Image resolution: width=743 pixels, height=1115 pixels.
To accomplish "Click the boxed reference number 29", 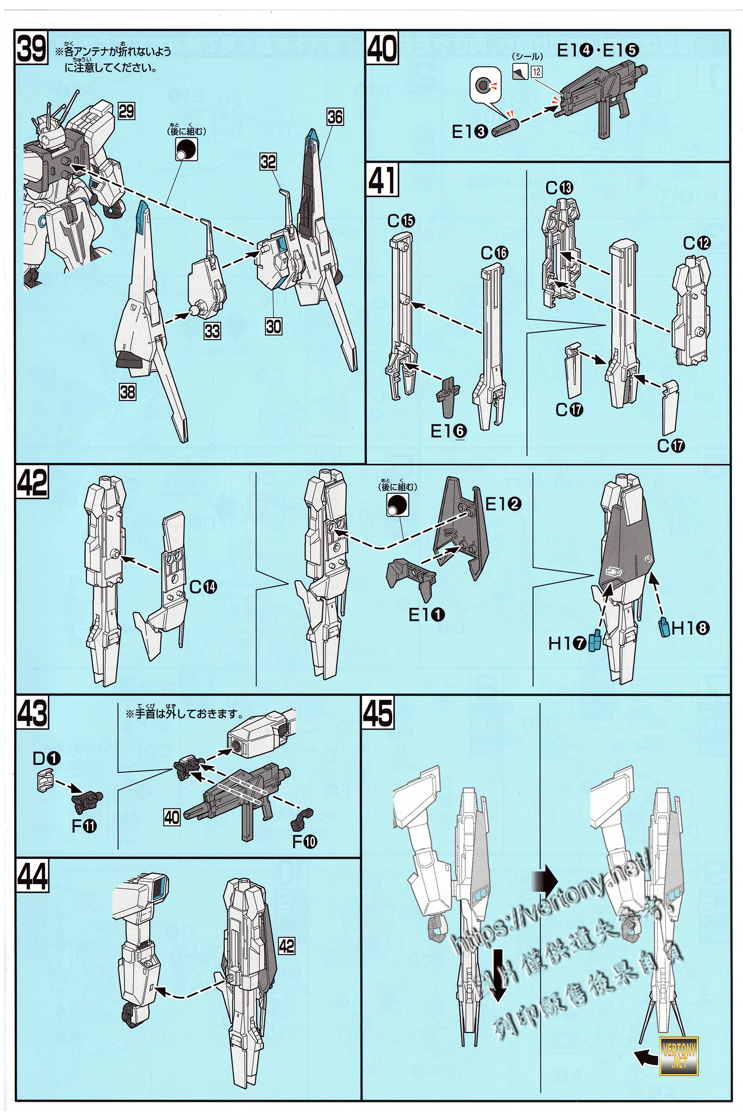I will click(x=126, y=112).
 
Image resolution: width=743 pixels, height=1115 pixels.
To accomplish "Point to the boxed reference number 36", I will click(x=334, y=117).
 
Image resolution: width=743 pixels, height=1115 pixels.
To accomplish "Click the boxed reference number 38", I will click(x=127, y=392).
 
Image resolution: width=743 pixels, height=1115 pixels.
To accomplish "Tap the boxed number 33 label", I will click(x=212, y=330).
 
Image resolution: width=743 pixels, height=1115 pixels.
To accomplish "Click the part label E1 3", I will click(x=469, y=131).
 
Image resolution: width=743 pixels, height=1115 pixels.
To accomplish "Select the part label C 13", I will click(x=559, y=188).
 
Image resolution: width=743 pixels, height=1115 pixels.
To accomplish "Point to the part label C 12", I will click(x=697, y=243).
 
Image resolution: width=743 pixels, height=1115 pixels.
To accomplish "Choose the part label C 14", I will click(x=203, y=587).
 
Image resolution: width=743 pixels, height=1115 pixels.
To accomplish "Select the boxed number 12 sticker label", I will click(x=536, y=72).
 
